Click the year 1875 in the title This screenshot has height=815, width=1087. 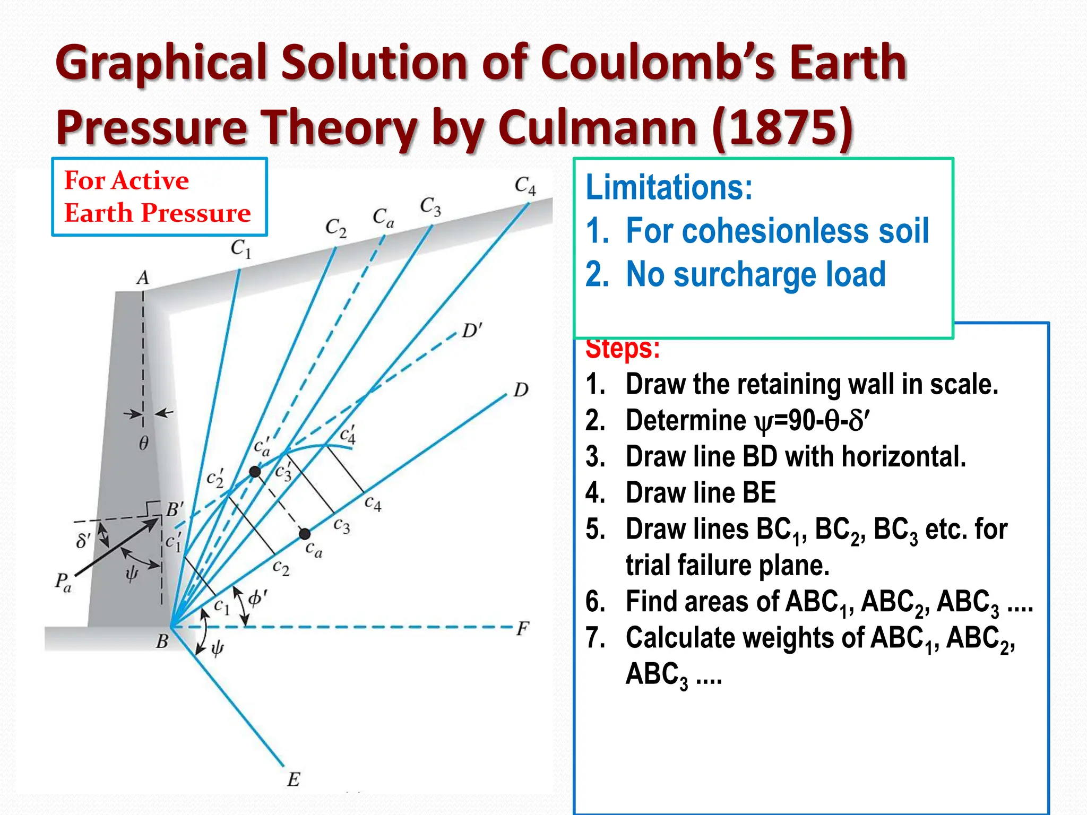pos(783,127)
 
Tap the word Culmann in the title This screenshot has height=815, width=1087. pos(597,127)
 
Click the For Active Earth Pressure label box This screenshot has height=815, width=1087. pos(159,197)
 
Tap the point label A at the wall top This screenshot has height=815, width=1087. pos(143,278)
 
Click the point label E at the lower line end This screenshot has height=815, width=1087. pos(294,779)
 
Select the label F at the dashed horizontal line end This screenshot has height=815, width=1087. pos(523,629)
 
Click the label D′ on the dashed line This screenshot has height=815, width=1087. pos(472,331)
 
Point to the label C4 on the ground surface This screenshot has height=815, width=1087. pos(525,186)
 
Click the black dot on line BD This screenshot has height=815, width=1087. pos(305,533)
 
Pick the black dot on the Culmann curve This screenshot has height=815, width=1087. pos(255,471)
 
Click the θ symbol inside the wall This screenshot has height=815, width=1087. pos(144,443)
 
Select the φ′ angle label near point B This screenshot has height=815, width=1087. pos(258,599)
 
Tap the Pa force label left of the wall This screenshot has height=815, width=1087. pos(63,582)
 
